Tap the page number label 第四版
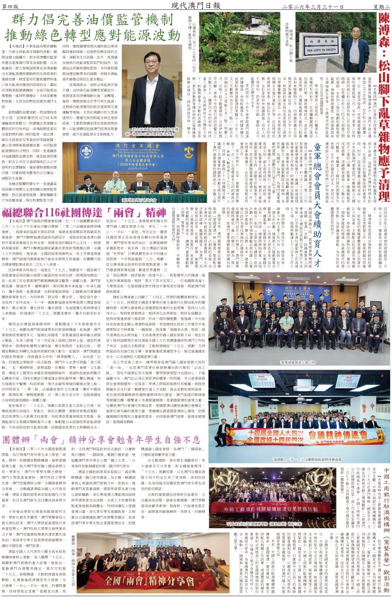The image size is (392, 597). coord(13,5)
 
